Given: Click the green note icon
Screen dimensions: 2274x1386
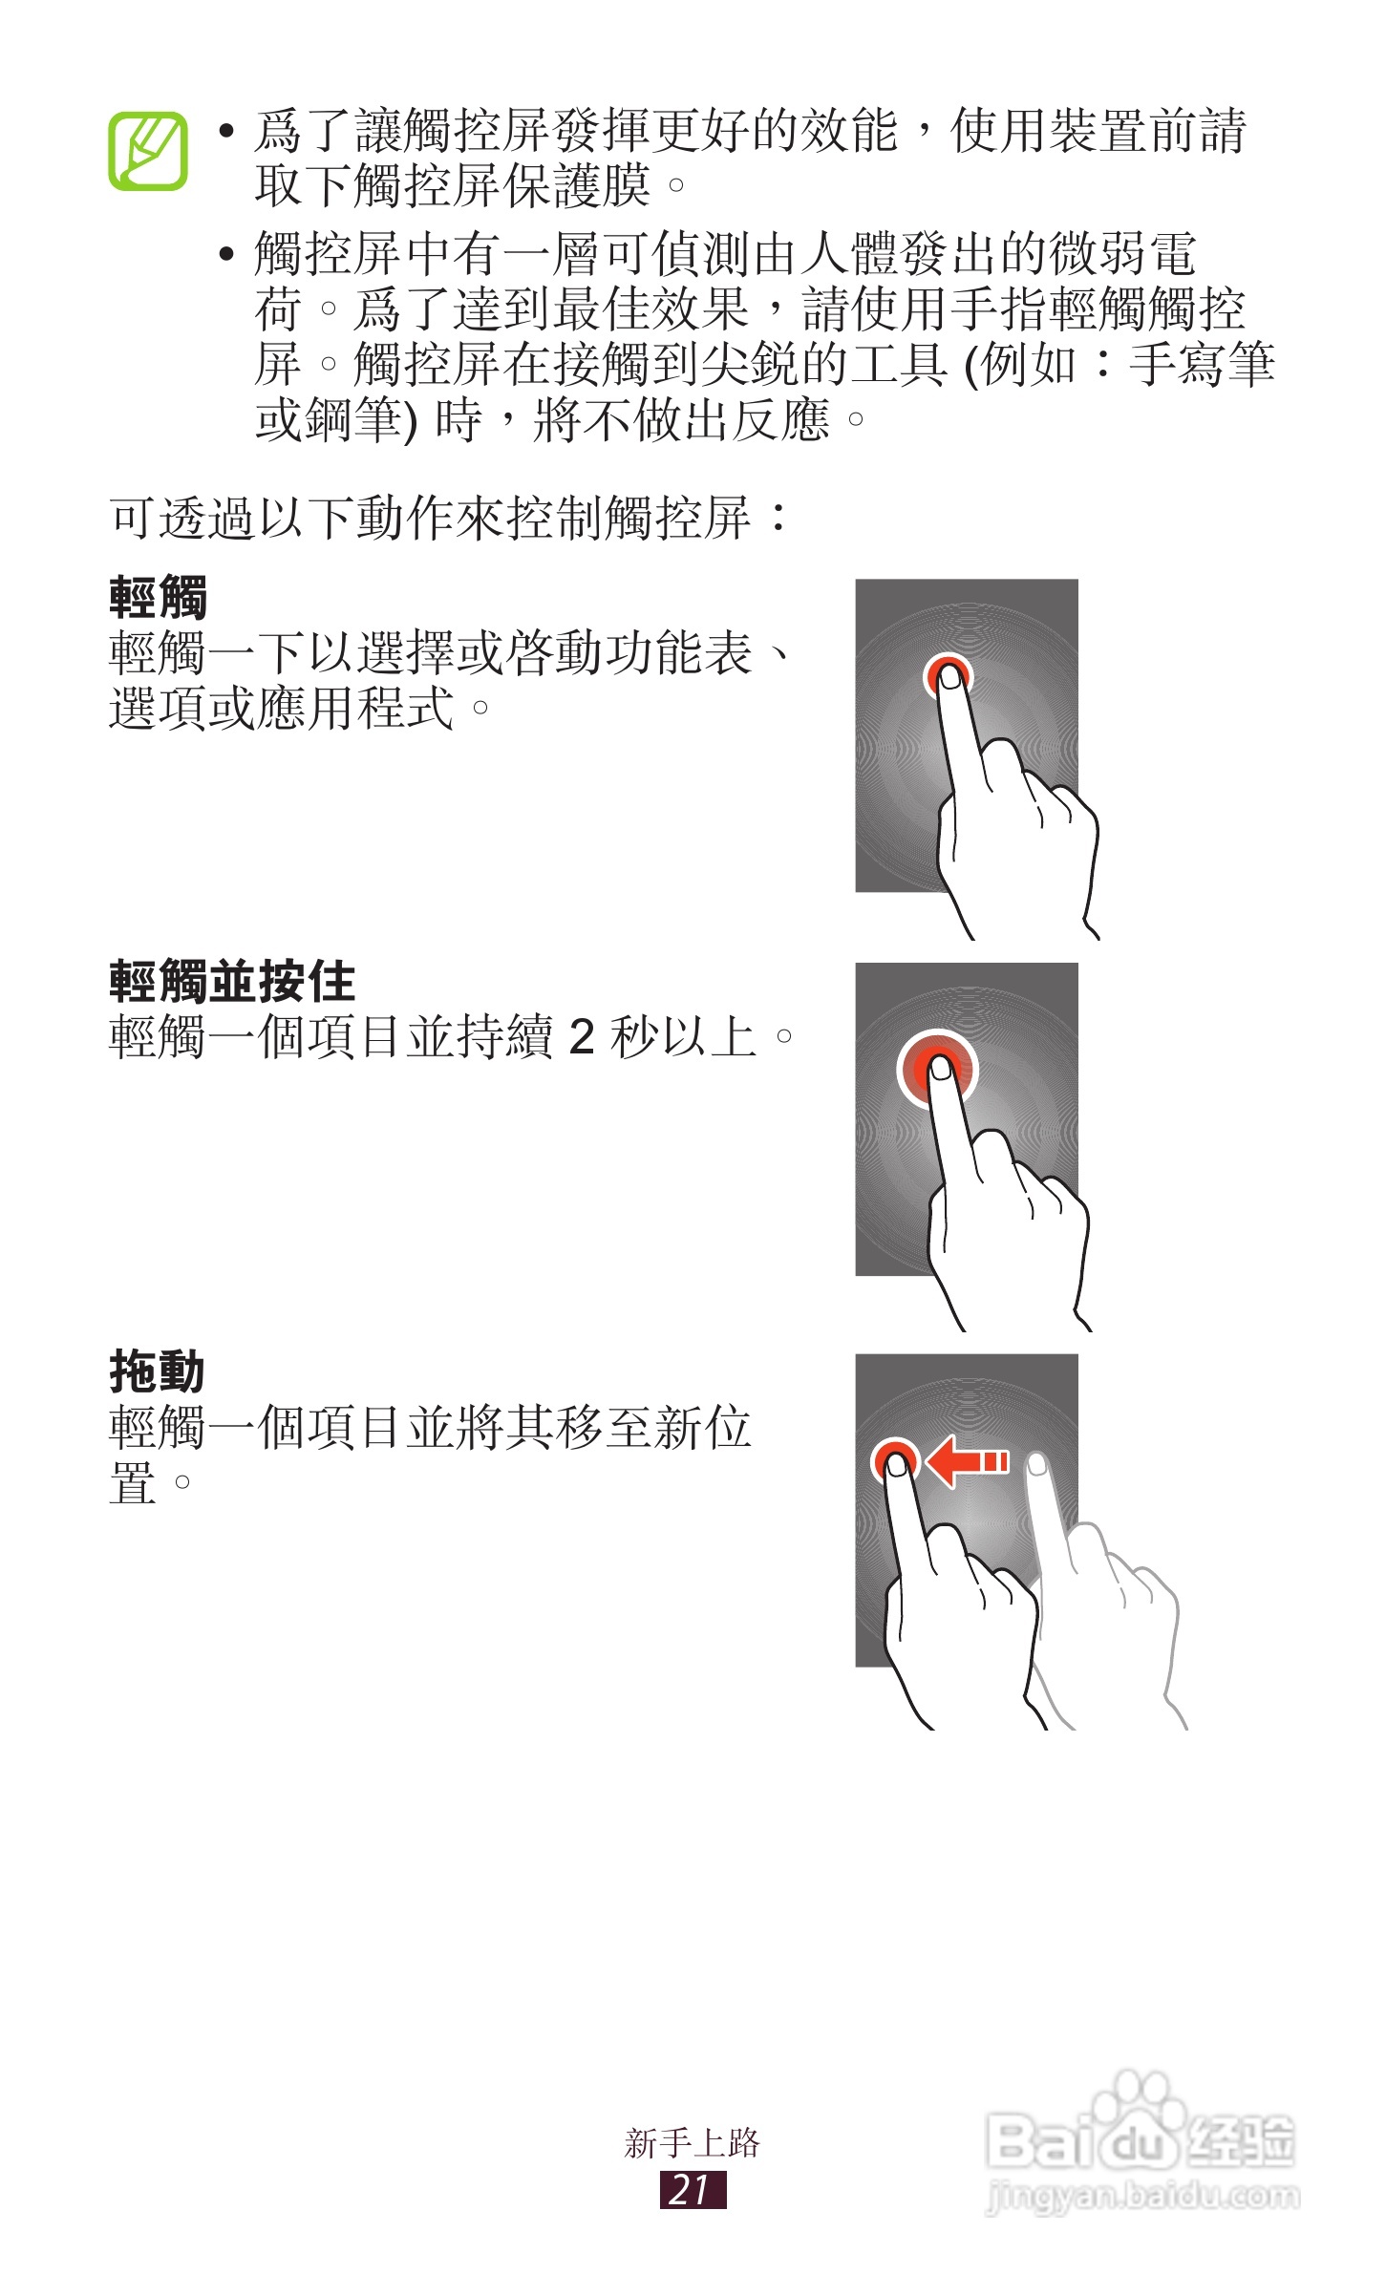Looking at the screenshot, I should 147,151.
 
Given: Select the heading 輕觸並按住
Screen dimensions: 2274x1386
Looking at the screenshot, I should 232,981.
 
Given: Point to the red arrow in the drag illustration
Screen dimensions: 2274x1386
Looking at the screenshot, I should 967,1461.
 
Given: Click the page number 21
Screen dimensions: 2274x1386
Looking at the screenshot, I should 693,2190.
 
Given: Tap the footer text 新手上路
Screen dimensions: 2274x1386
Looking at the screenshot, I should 693,2142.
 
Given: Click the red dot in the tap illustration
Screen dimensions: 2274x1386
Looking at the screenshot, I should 949,675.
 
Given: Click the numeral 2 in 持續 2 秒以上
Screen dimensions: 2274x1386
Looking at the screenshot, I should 581,1036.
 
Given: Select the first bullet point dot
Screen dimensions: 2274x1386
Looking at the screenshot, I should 226,132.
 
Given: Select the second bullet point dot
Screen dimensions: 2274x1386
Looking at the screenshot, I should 226,255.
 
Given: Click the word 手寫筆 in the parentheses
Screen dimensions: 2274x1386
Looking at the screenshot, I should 1202,365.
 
